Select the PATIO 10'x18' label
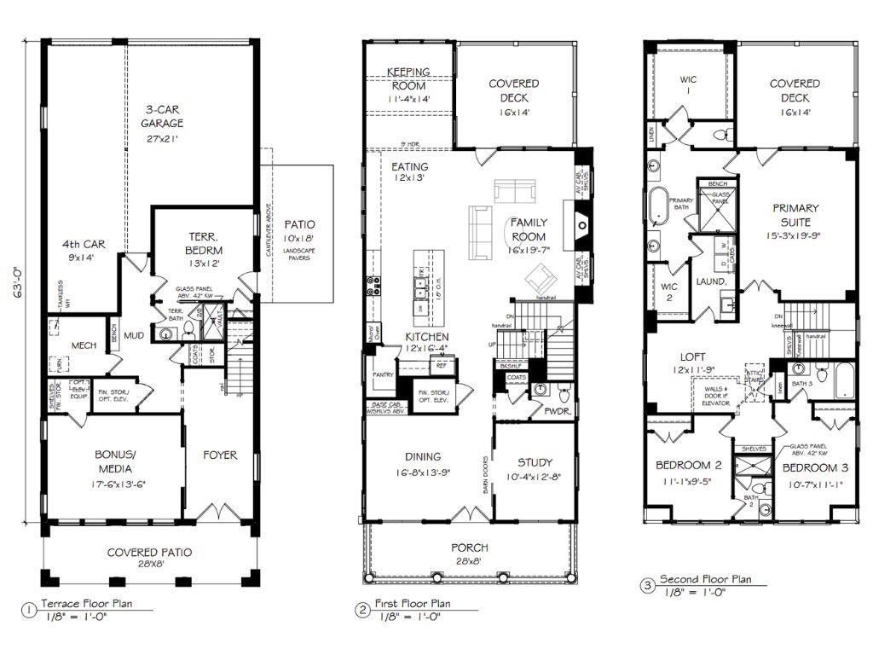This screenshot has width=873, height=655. point(299,229)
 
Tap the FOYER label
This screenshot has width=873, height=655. point(219,455)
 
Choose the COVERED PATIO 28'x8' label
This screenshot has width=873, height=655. point(149,559)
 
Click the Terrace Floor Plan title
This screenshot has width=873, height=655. point(85,603)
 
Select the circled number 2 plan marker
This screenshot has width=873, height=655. point(361,609)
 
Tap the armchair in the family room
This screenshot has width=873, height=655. point(540,278)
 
